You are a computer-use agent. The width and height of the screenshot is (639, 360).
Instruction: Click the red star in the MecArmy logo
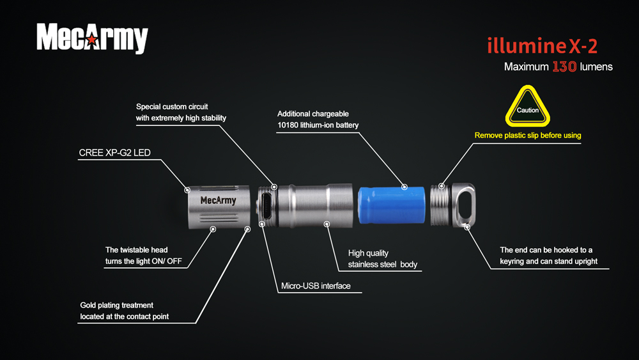(x=93, y=40)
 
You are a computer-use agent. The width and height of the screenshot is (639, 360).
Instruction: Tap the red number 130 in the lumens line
(x=564, y=67)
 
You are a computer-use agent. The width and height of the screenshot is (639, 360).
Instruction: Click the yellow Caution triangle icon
(x=528, y=106)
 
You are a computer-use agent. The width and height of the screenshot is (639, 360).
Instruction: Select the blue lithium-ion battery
(x=392, y=205)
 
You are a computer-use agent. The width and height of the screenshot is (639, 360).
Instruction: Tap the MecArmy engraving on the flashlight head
(x=218, y=200)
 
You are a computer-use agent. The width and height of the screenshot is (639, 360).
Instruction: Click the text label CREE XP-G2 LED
(x=114, y=152)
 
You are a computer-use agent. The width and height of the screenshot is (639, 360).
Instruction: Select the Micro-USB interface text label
(x=316, y=286)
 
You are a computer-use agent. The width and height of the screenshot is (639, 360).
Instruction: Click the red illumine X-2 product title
(x=543, y=45)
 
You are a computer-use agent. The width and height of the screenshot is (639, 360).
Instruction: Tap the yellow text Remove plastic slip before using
(x=528, y=136)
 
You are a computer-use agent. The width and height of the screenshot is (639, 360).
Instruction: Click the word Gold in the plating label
(x=88, y=305)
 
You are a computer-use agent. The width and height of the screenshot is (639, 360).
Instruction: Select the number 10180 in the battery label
(x=288, y=125)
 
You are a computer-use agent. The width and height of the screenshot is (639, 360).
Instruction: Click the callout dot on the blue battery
(x=404, y=187)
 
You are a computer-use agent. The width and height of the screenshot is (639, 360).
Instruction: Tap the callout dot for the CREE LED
(x=187, y=190)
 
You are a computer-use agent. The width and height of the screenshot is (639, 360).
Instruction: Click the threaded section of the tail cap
(x=440, y=205)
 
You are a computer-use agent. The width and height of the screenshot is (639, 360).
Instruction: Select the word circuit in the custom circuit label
(x=197, y=106)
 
